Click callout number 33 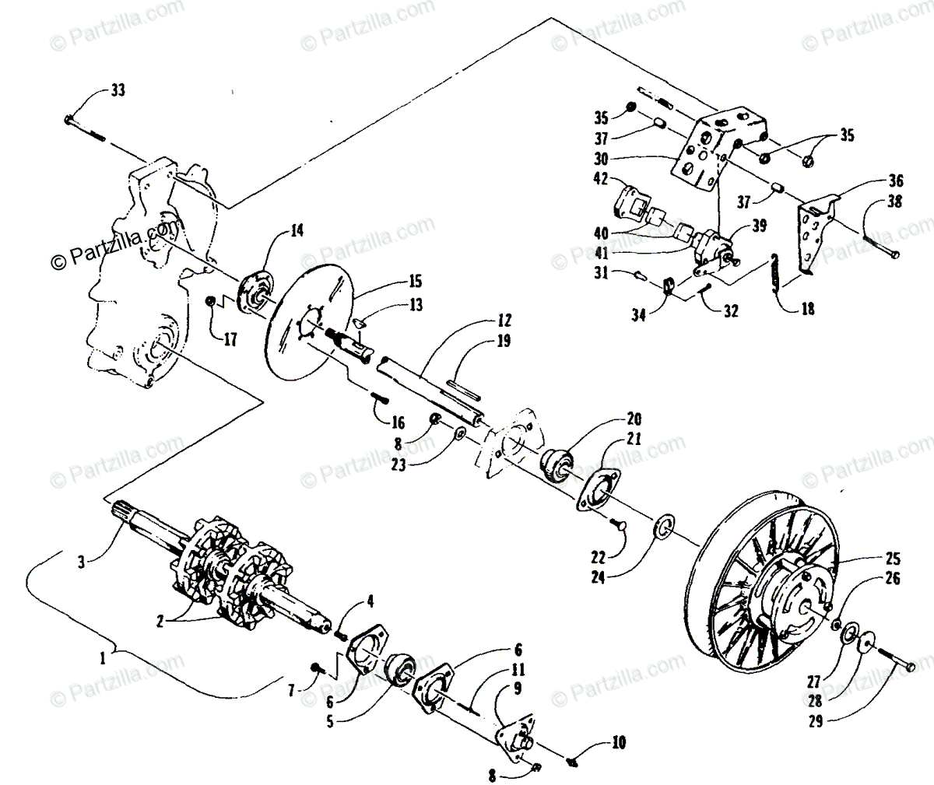tap(116, 91)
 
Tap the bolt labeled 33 tap(84, 128)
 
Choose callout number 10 tap(618, 742)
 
